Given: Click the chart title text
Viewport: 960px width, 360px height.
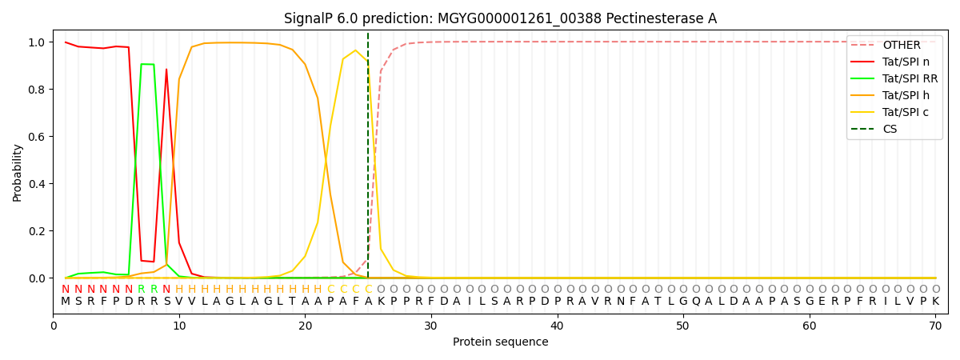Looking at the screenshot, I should click(x=500, y=18).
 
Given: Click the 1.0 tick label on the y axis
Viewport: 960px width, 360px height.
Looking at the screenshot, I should click(x=37, y=42).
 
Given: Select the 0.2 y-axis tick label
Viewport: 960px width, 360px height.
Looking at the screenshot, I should click(x=37, y=231).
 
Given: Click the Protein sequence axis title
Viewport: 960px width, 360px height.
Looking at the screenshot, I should click(x=500, y=342).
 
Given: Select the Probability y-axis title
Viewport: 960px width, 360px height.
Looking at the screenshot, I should click(x=18, y=172).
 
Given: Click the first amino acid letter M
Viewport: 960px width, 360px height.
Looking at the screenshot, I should click(x=66, y=302).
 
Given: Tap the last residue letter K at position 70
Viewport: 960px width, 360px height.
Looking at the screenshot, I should click(x=935, y=302).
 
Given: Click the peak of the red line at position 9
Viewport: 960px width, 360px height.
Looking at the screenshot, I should click(x=166, y=70).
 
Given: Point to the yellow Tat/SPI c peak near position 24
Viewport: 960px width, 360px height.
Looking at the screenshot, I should click(x=356, y=50).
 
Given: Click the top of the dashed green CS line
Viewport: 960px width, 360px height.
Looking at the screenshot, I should click(x=368, y=34).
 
